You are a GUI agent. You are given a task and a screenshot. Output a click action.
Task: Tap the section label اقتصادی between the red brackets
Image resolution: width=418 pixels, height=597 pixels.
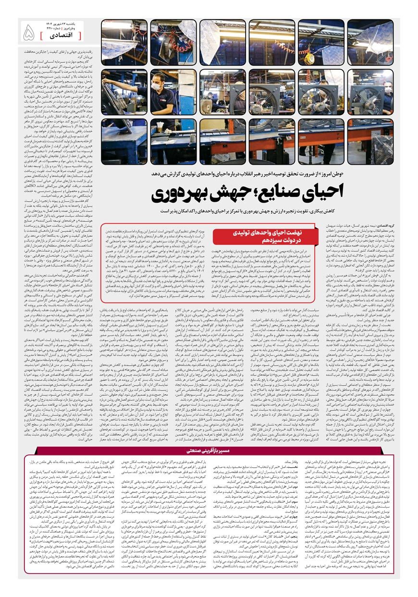60,36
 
